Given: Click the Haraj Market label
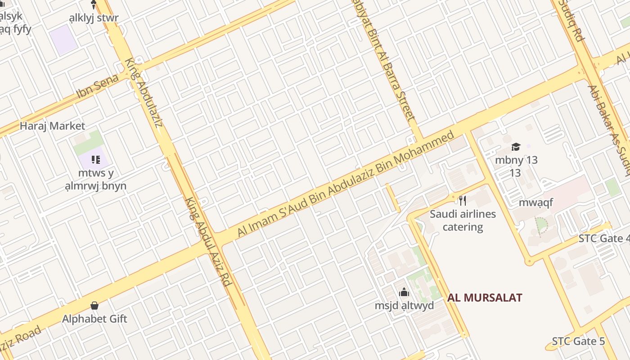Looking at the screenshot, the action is [x=52, y=126].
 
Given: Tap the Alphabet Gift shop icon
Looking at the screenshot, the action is [x=94, y=306].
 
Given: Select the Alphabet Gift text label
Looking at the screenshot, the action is [x=94, y=319].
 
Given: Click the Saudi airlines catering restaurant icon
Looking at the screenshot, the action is [x=462, y=200].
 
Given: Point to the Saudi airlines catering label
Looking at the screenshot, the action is [x=463, y=220].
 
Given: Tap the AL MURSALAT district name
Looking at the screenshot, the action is [x=485, y=297].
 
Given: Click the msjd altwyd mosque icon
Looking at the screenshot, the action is [x=404, y=292].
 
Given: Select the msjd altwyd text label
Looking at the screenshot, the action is [x=404, y=306].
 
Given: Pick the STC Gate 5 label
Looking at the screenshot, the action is [x=578, y=341].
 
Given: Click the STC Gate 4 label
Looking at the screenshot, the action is [x=603, y=238].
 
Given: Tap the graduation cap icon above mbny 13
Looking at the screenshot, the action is [x=516, y=147].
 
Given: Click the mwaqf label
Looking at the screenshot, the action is [x=535, y=202].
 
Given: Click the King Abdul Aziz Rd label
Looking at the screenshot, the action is [x=208, y=242].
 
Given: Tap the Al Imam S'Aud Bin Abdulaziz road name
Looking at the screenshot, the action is [x=346, y=184].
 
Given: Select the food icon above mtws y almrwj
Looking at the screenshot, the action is [x=95, y=160].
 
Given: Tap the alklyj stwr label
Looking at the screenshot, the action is [x=94, y=18].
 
